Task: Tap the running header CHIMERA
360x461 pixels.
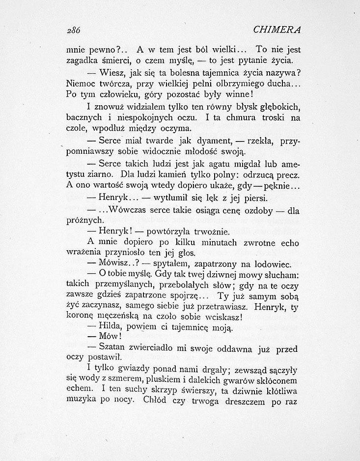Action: tap(277, 29)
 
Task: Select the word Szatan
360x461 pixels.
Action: tap(113, 348)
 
